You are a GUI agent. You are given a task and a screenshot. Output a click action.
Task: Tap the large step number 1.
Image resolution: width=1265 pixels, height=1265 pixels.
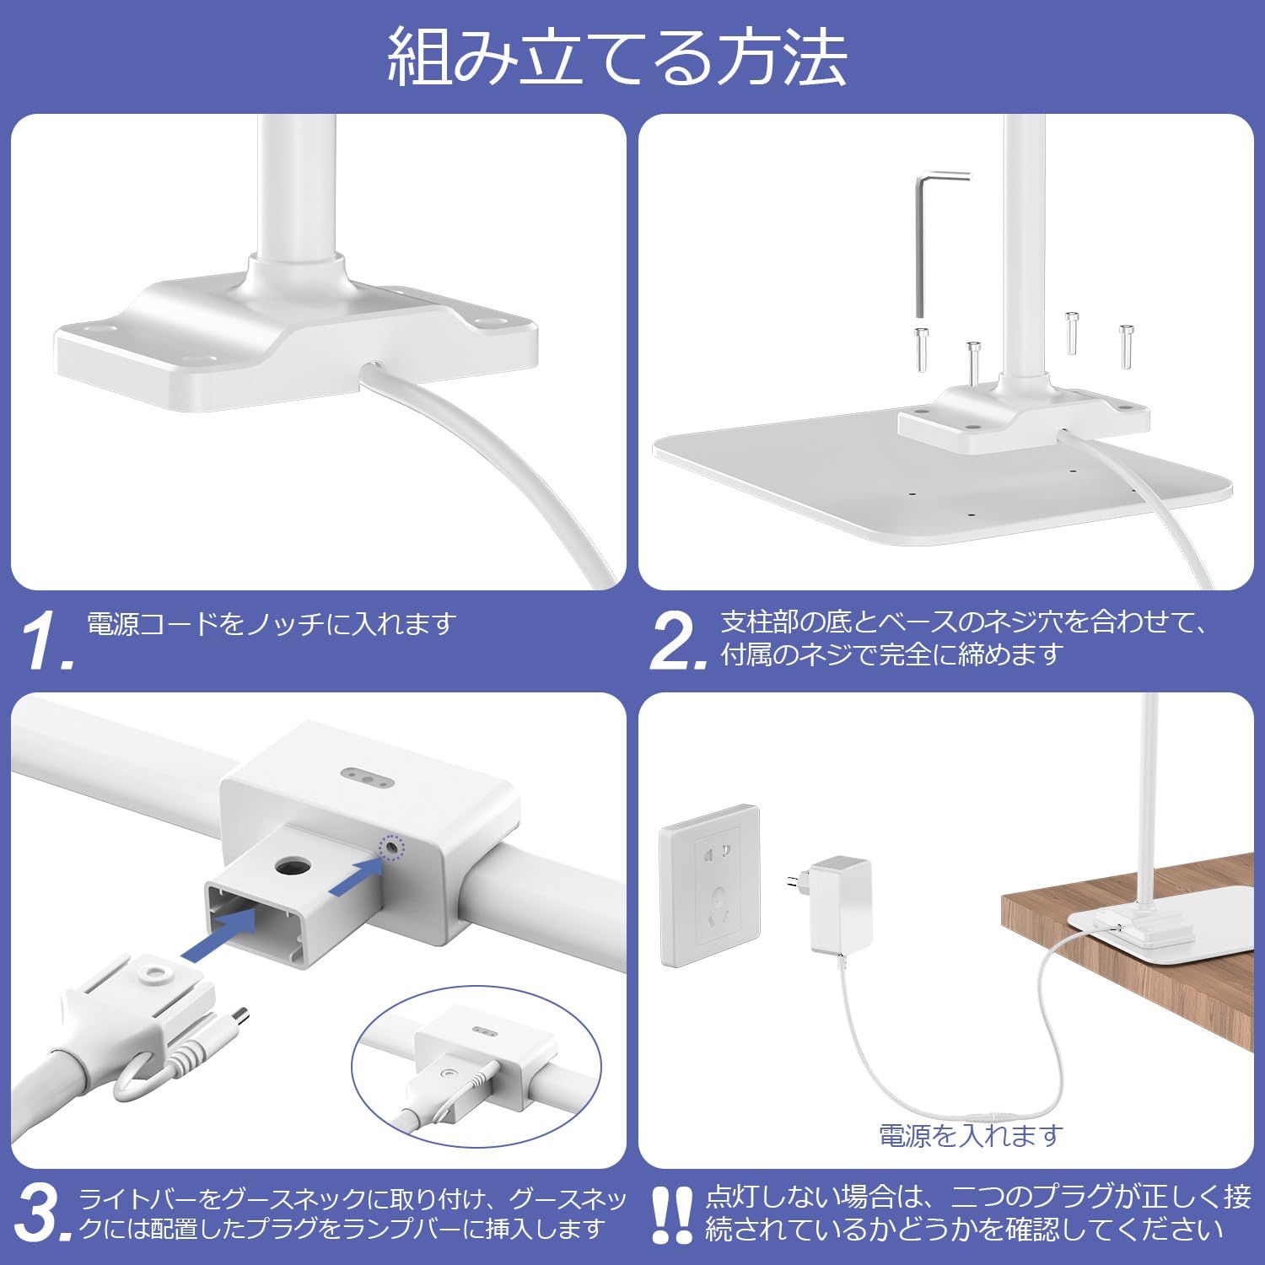49,642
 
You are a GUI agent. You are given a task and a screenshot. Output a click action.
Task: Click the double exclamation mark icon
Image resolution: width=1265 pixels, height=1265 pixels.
673,1214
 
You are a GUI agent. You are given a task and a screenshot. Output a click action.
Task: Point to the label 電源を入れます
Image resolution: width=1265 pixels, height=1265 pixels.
970,1135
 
